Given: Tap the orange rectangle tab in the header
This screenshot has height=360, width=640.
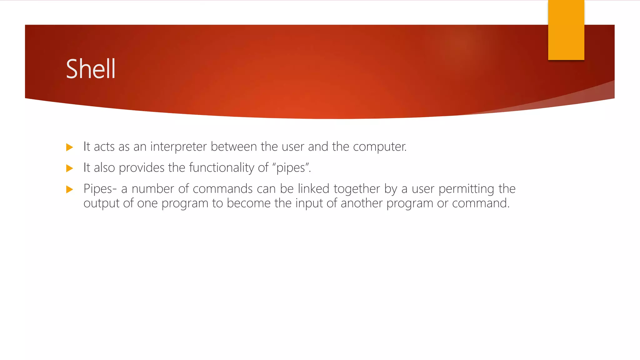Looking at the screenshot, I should point(566,30).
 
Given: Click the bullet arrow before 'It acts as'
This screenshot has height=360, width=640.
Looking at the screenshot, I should point(70,147).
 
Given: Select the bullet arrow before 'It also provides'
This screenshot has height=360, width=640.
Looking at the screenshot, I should point(70,168).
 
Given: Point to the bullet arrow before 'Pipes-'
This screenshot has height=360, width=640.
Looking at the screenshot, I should point(70,189).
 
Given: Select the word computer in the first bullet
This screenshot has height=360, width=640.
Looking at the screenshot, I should point(379,147).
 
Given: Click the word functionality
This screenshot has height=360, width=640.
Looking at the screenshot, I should point(222,168).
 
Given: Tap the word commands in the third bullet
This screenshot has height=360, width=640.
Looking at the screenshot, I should point(222,189).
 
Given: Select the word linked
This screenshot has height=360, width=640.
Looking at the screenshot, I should point(313,189).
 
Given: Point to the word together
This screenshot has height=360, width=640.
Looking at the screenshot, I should point(357,189).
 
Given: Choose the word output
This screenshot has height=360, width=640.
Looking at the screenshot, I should point(101,203).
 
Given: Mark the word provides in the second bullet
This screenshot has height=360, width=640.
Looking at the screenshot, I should point(142,168).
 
